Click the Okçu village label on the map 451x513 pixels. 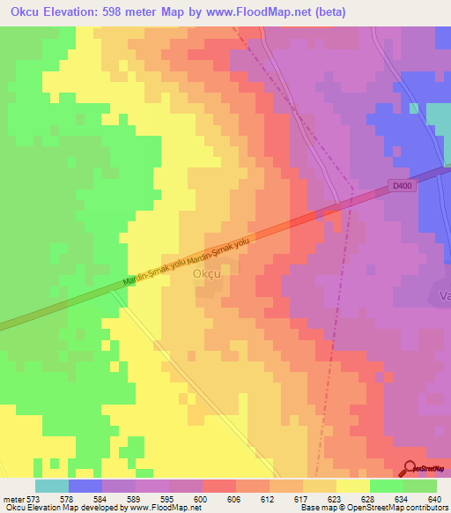point(207,273)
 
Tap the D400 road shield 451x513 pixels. point(401,185)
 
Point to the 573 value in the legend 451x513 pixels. point(34,500)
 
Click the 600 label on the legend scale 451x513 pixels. point(202,500)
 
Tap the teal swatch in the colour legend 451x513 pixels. point(51,486)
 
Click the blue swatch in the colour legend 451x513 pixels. point(85,486)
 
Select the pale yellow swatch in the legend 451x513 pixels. point(352,486)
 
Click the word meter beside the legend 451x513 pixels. point(12,500)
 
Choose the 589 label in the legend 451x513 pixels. point(135,500)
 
